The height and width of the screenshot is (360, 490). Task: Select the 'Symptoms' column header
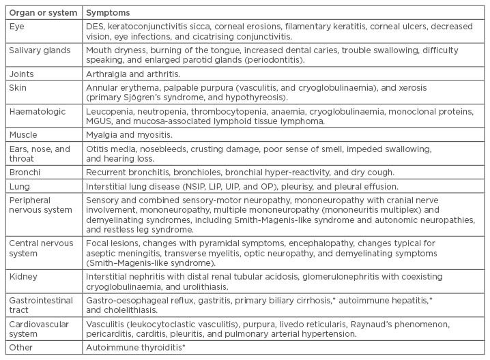108,13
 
